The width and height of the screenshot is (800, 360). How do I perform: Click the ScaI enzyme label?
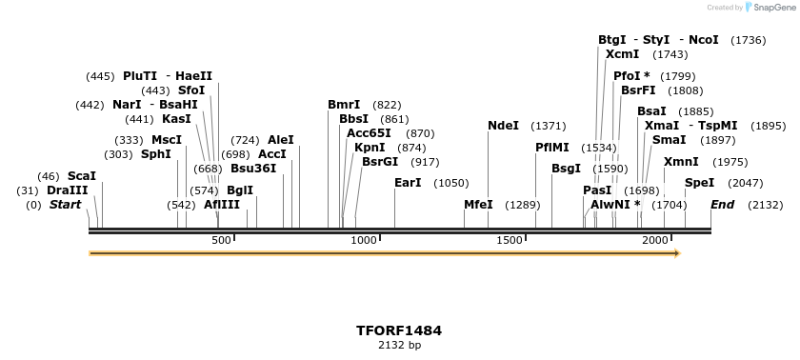tap(82, 176)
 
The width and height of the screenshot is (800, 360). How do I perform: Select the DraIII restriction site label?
tap(67, 190)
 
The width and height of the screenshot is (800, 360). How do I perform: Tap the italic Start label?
tap(65, 205)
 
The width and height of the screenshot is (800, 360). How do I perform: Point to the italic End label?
tap(723, 205)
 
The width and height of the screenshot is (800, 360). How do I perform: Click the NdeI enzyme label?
tap(503, 126)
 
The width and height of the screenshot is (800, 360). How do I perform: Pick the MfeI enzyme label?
tap(478, 205)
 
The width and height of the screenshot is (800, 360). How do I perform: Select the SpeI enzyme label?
tap(699, 183)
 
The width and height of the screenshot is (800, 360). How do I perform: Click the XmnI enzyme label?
tap(681, 162)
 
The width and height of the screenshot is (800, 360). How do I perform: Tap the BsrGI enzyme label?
tap(380, 162)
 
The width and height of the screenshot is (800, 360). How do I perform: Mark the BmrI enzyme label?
tap(344, 105)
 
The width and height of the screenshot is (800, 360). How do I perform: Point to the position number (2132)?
tap(766, 205)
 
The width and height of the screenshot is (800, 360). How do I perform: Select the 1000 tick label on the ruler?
tap(365, 240)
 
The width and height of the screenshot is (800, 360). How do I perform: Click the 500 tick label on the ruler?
tap(222, 240)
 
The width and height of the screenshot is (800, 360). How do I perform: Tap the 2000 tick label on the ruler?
tap(655, 240)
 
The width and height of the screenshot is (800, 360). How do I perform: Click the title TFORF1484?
tap(399, 330)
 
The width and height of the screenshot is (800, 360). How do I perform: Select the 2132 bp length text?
tap(399, 345)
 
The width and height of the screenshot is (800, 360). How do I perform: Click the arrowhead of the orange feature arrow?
tap(676, 253)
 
